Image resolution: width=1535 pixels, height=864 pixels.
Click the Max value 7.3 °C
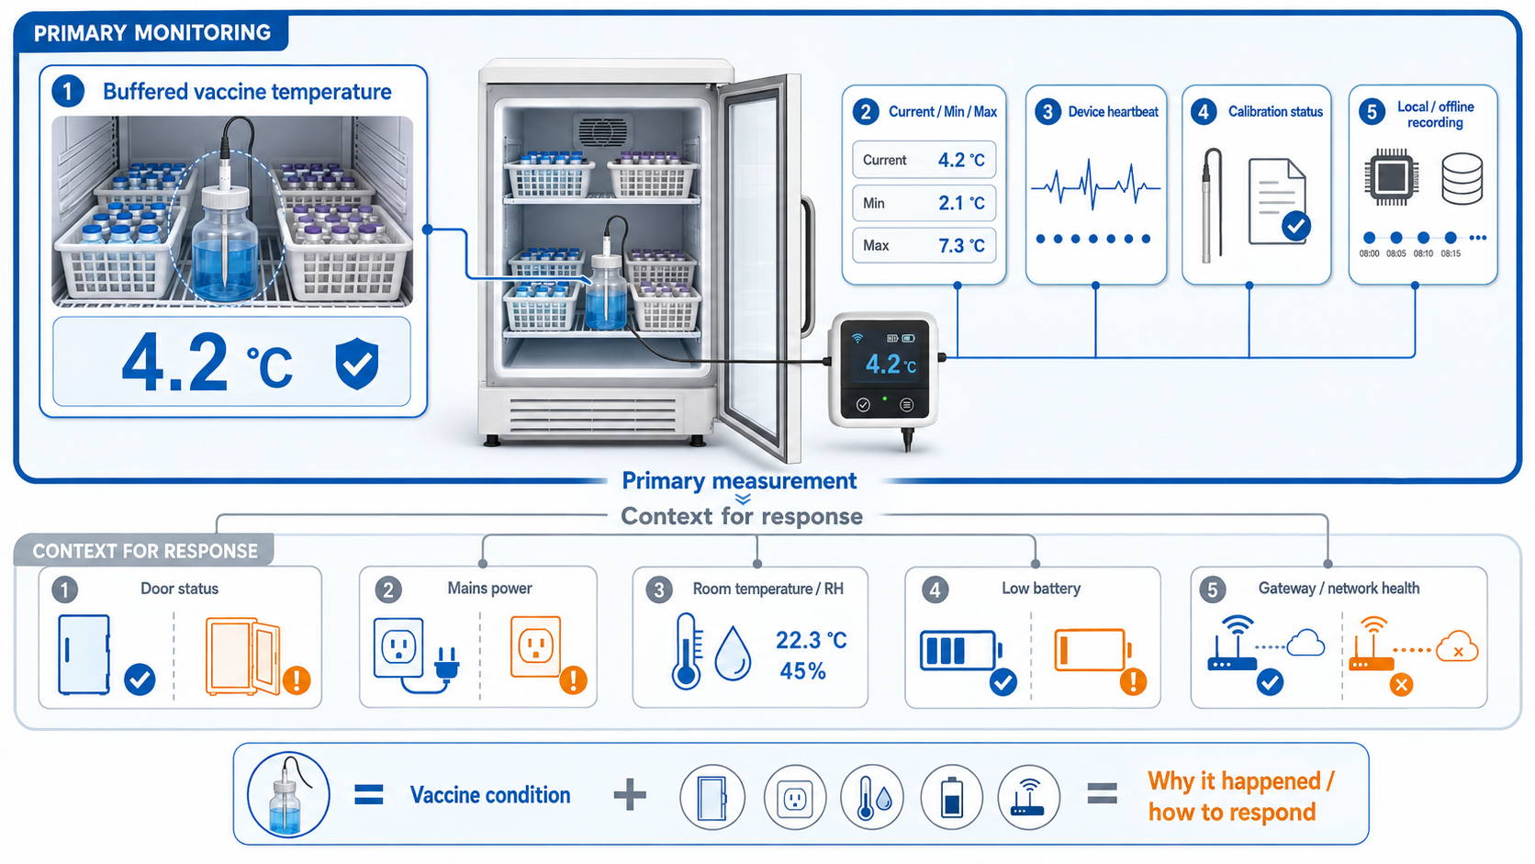961,245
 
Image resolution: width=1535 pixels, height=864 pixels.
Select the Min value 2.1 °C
961,203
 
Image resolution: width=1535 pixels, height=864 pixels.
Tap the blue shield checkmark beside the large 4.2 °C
357,364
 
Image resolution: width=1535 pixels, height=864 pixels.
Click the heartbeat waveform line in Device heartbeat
1096,185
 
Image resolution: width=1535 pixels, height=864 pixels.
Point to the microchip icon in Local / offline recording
1391,177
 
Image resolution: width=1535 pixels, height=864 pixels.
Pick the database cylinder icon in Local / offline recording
1462,179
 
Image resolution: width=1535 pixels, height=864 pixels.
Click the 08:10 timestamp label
1423,253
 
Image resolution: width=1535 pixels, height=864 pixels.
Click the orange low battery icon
1092,650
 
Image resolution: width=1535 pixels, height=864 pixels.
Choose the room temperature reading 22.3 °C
812,641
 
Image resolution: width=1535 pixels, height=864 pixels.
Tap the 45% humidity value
802,671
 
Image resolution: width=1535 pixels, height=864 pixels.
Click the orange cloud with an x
1457,646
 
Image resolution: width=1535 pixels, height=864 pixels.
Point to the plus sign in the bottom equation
630,795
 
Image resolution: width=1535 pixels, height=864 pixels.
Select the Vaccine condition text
490,795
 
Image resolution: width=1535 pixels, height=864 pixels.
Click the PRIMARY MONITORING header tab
151,33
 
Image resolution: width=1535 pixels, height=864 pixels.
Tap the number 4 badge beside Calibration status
1204,112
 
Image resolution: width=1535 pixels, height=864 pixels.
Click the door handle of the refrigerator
807,266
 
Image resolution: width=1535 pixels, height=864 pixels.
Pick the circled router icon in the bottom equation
1028,798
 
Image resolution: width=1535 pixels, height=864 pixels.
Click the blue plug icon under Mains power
446,663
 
